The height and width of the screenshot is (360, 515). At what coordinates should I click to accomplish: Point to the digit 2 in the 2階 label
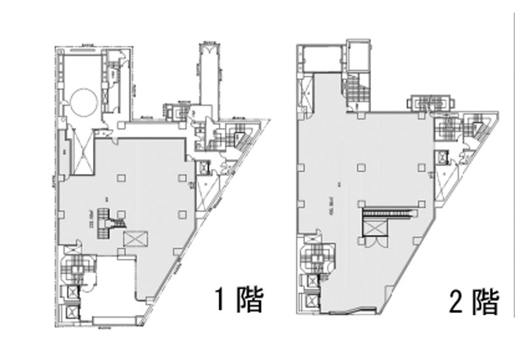(456, 302)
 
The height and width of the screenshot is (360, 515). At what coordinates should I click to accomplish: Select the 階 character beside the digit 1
(249, 301)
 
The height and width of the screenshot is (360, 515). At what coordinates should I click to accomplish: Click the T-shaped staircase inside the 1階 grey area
(107, 217)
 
